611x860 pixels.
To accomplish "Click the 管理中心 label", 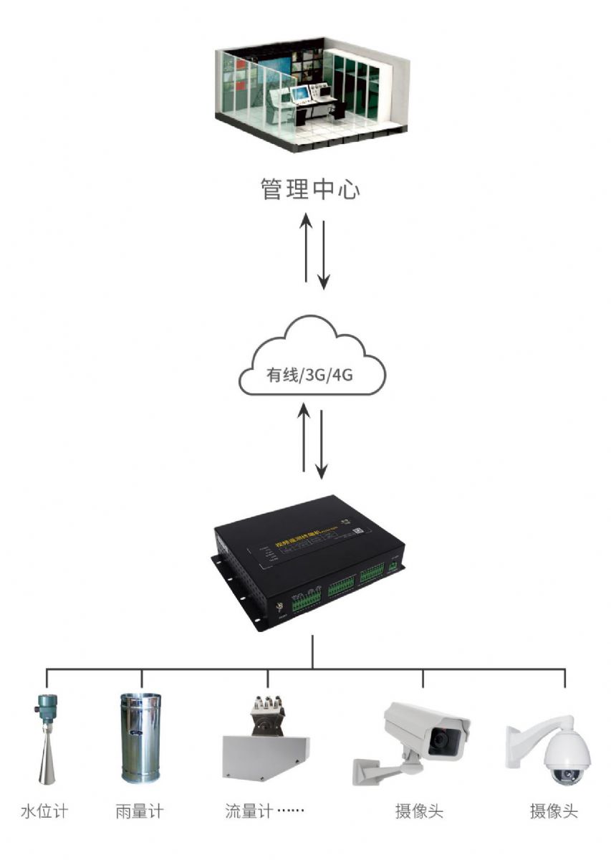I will pos(309,190).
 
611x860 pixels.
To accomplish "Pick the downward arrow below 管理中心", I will pos(324,254).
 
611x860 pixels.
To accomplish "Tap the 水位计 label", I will pos(44,812).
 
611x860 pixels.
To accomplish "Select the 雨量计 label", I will pos(139,812).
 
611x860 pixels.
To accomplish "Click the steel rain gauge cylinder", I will pos(140,738).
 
